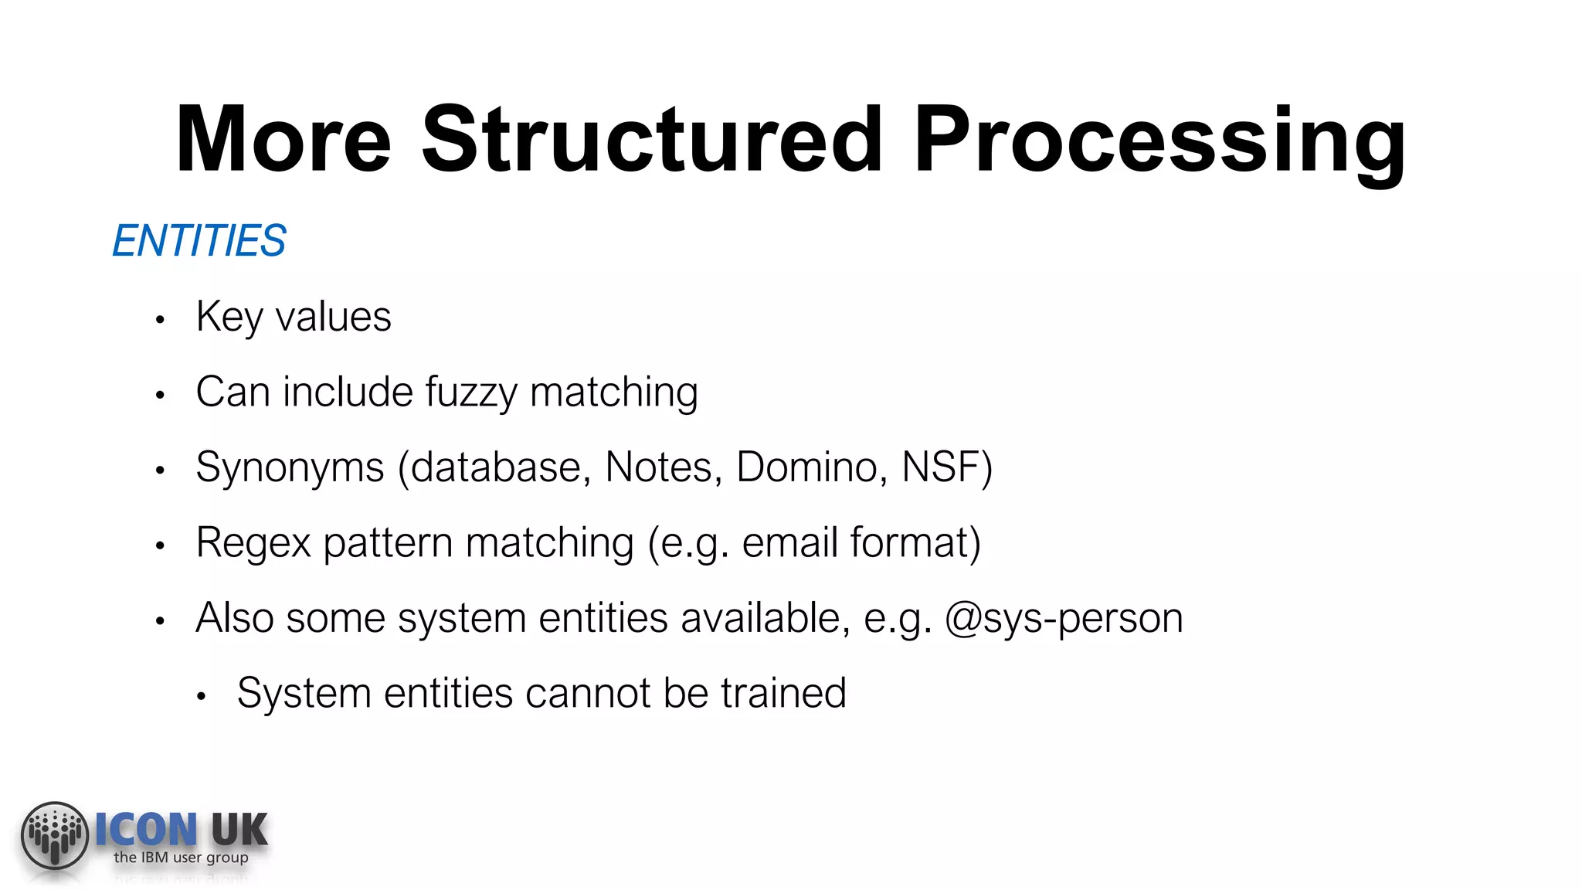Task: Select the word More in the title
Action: pos(283,141)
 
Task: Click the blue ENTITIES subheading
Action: pos(199,240)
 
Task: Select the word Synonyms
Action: pos(290,467)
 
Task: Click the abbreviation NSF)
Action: pos(946,467)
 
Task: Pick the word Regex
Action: pos(253,543)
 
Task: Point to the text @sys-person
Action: pos(1064,618)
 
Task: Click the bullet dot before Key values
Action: pos(160,320)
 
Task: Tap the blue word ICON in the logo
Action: pos(146,830)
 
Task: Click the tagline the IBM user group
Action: pos(181,858)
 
